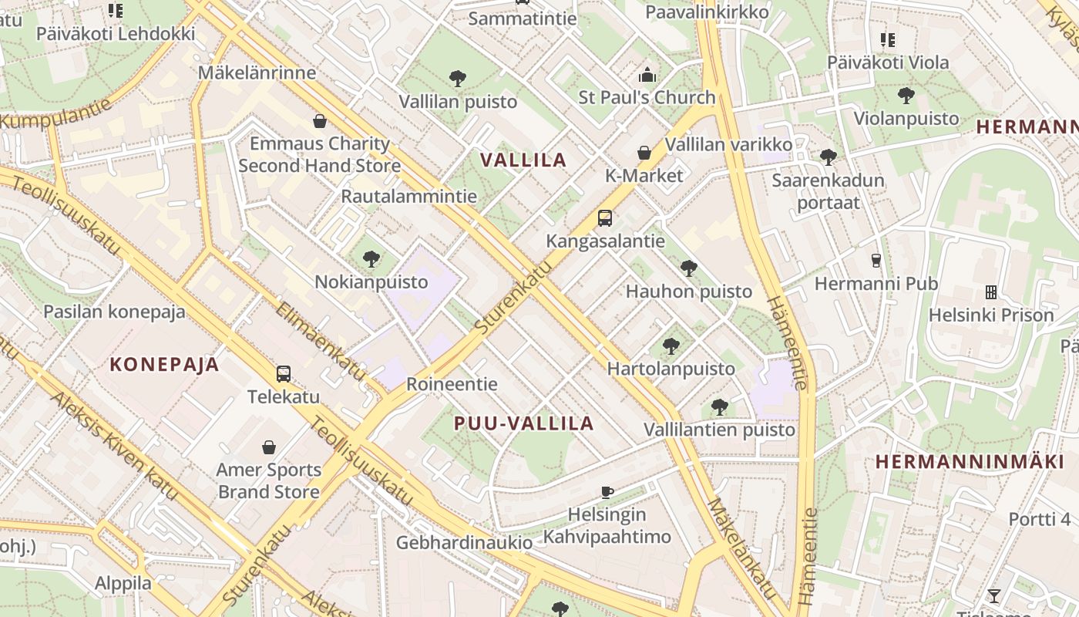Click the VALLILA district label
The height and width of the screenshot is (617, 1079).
[x=523, y=160]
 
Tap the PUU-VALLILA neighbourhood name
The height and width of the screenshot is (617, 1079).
[x=524, y=423]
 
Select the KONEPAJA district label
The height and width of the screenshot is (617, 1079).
[x=164, y=364]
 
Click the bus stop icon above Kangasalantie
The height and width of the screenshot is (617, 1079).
[x=605, y=218]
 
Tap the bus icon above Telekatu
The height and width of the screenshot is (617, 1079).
[x=284, y=374]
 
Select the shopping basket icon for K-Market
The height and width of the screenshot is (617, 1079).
[x=644, y=153]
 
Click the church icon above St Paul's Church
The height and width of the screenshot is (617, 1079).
[x=647, y=75]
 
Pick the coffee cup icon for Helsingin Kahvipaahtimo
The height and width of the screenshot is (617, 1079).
[x=607, y=491]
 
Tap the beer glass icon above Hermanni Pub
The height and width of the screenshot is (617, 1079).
[x=876, y=261]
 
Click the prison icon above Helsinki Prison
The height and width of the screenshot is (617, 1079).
[x=991, y=292]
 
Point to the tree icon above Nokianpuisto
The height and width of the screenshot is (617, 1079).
[x=371, y=258]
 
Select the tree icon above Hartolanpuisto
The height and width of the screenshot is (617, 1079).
[x=671, y=346]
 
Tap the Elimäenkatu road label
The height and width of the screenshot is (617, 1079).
[x=321, y=340]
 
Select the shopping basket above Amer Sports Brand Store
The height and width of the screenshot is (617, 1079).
[x=269, y=447]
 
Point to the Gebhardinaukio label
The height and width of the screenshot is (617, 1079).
[x=464, y=542]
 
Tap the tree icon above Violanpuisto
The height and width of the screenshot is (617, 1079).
[x=906, y=96]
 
